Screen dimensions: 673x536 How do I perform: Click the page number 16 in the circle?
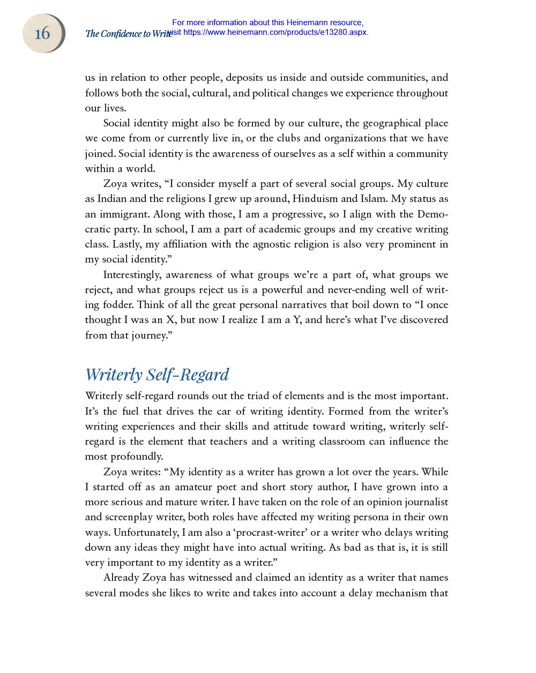coord(42,34)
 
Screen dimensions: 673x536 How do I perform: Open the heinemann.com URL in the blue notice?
coord(275,32)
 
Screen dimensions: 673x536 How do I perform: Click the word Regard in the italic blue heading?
coord(204,375)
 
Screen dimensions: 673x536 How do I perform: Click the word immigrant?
coord(124,214)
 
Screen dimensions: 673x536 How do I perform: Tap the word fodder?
coord(117,305)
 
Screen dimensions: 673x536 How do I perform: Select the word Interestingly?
coord(132,275)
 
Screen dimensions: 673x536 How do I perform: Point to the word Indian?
coord(111,199)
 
